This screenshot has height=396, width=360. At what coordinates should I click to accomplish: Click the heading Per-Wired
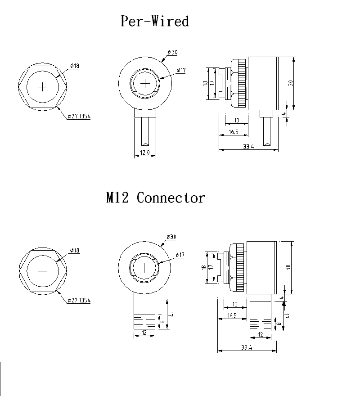tap(154, 21)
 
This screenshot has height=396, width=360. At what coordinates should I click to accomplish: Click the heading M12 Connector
tap(155, 198)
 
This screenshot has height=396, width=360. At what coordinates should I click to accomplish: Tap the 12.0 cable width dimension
tap(145, 153)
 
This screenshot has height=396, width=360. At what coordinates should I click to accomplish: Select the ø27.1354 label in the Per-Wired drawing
tap(79, 116)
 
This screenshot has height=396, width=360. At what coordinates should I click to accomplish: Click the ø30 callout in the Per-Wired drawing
tap(172, 53)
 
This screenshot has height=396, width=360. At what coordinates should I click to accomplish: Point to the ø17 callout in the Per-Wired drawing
tap(181, 70)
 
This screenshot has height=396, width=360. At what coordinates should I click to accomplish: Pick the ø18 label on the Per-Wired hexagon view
tap(75, 66)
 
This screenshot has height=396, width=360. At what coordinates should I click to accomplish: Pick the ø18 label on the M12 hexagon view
tap(75, 250)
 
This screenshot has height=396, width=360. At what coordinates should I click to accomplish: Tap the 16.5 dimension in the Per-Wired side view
tap(233, 132)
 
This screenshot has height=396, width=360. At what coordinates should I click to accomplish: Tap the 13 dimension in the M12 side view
tap(234, 305)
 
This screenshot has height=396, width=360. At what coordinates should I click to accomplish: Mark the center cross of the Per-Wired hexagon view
tap(43, 87)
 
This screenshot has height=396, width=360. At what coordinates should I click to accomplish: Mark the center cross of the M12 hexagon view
tap(43, 271)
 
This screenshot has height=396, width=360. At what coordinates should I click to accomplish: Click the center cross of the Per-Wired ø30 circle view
tap(146, 84)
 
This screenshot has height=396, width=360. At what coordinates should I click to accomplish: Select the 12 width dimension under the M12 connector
tap(145, 333)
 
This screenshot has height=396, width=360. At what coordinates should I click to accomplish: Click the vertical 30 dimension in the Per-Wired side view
tap(291, 83)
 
